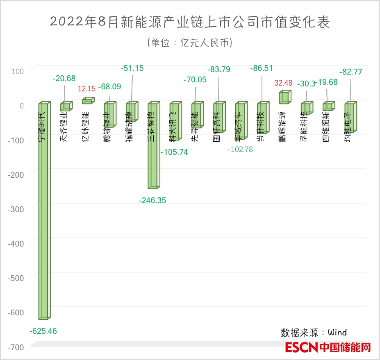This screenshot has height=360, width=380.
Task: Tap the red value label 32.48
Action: tap(283, 83)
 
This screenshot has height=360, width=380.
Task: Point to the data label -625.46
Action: tap(43, 331)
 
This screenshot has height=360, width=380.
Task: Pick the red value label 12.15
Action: tap(87, 88)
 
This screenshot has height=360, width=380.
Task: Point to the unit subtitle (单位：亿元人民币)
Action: tap(189, 43)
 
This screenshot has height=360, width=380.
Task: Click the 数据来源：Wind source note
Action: tap(314, 332)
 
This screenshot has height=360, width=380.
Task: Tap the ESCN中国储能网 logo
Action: tap(328, 348)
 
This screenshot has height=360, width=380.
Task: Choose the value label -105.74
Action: tap(174, 152)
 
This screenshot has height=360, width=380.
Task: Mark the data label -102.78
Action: tap(240, 149)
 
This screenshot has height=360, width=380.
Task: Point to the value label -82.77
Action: tap(351, 72)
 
